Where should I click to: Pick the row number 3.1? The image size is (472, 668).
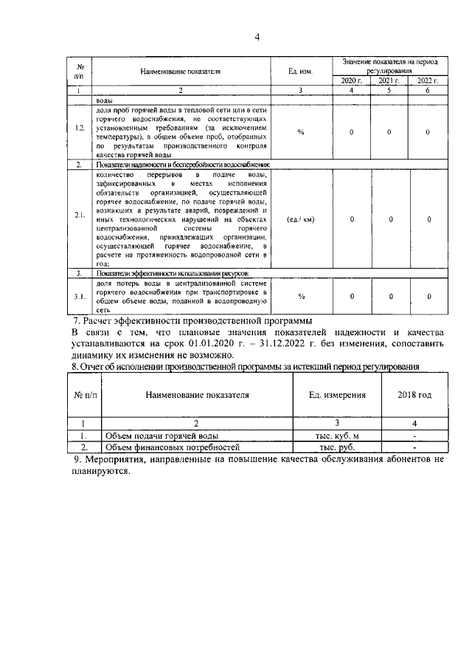79,296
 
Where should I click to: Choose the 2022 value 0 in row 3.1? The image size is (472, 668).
428,296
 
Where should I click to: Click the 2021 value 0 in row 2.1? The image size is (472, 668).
390,219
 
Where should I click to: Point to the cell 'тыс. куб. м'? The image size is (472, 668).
337,435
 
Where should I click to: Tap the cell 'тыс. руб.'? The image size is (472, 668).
337,447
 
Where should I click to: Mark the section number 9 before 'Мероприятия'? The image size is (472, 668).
77,460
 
